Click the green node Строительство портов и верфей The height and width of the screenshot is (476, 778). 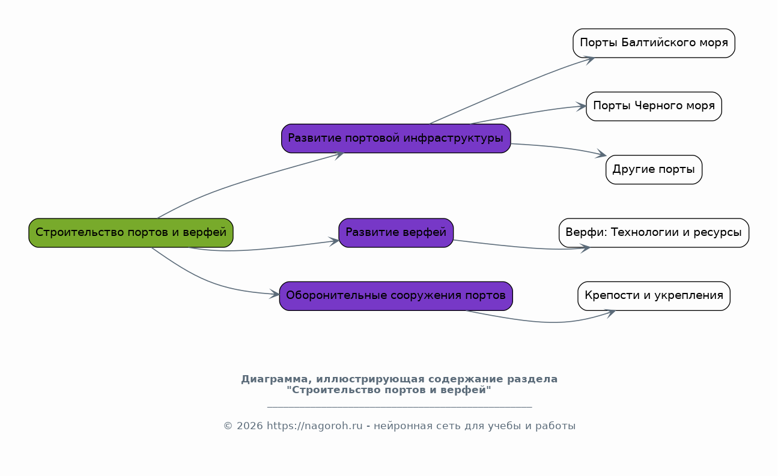[x=131, y=233]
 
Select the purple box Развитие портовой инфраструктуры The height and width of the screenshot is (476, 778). [x=396, y=139]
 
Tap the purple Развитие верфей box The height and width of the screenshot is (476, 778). [x=396, y=233]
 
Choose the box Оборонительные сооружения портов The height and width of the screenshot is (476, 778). [x=396, y=296]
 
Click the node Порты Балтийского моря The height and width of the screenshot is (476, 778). [x=654, y=43]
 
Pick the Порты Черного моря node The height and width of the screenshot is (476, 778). [x=654, y=106]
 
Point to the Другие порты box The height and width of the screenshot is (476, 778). [x=654, y=170]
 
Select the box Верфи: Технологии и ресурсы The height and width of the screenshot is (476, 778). [x=654, y=233]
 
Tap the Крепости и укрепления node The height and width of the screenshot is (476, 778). [x=654, y=296]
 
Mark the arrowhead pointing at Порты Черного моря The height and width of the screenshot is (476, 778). [x=582, y=106]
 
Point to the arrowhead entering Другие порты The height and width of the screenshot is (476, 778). [x=601, y=154]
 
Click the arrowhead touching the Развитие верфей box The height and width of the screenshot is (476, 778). [x=334, y=241]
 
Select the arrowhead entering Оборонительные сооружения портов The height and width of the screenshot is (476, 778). [x=275, y=295]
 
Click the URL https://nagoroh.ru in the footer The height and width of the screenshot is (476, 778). [x=314, y=426]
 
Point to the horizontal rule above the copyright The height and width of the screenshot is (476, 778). [x=400, y=406]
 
